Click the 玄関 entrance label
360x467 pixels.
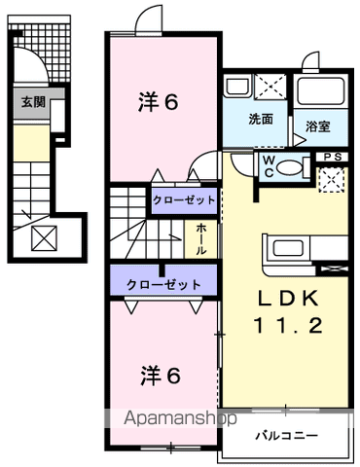pos(33,102)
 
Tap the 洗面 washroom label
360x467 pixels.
pos(261,120)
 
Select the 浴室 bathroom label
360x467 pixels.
pos(318,126)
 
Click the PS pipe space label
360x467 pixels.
pos(333,157)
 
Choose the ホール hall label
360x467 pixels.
pos(200,239)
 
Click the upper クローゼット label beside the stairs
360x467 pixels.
pos(184,200)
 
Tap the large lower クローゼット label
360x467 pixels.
pos(163,285)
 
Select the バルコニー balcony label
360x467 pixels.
pos(286,436)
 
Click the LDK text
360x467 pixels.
pos(288,299)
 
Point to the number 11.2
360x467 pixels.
pos(288,325)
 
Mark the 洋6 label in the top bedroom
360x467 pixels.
pos(159,102)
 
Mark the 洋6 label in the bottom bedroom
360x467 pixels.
pos(161,376)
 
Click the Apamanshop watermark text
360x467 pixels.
pos(180,418)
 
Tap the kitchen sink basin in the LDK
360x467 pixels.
pos(288,248)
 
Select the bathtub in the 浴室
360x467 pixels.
pos(321,91)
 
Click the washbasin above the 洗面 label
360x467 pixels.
pos(237,87)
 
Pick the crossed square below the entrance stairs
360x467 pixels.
pos(45,238)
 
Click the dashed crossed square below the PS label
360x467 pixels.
pos(332,180)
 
